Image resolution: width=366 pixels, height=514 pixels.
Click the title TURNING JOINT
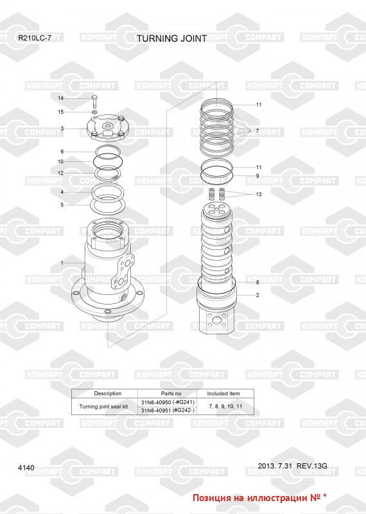tap(171, 39)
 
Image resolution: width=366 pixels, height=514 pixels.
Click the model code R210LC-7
tap(35, 38)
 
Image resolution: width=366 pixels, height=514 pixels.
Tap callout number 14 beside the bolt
tap(60, 98)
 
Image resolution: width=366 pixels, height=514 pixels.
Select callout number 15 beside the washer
tap(60, 112)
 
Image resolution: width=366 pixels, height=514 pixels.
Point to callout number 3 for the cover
tap(62, 128)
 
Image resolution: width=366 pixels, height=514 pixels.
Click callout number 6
tap(62, 152)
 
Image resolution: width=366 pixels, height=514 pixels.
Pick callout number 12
tap(60, 173)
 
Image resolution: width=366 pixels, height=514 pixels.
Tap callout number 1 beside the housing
tap(62, 263)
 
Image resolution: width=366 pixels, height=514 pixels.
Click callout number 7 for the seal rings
tap(257, 131)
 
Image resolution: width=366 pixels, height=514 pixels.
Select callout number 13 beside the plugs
tap(259, 194)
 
